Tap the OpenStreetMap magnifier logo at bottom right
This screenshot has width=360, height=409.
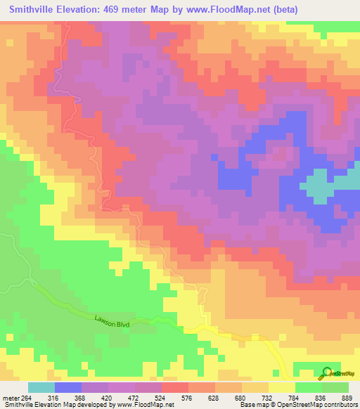tap(328, 372)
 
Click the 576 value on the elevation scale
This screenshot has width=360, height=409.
tap(188, 397)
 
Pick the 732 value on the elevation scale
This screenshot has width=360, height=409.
tap(268, 397)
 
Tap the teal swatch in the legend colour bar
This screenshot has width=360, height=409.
tap(41, 387)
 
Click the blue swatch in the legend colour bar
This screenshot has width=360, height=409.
tap(67, 387)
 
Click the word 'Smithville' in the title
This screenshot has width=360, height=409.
tap(34, 10)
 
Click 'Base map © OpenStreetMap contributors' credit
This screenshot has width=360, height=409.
tap(296, 405)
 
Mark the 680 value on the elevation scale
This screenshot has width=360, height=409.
tap(241, 397)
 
